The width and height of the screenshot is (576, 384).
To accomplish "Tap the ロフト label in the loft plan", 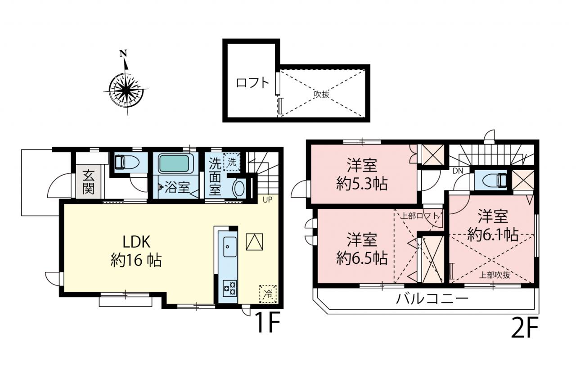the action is click(x=252, y=83).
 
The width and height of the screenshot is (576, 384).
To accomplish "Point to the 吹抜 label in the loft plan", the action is click(x=321, y=95).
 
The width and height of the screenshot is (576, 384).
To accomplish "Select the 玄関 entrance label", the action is click(x=89, y=182).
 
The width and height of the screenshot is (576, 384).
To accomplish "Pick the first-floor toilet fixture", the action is click(x=126, y=162).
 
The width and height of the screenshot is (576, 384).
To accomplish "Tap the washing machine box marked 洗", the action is click(x=232, y=162).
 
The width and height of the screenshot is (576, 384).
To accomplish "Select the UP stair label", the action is click(x=267, y=200).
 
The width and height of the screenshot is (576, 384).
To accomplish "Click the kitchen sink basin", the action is click(x=229, y=247).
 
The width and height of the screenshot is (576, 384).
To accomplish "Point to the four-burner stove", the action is click(x=229, y=288).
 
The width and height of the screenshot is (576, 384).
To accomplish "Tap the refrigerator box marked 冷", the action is click(x=268, y=294).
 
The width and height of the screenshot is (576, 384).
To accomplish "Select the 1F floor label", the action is click(x=268, y=323).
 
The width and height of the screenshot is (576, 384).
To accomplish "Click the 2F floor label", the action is click(x=525, y=328).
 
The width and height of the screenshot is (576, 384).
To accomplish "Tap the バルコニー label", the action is click(x=432, y=299).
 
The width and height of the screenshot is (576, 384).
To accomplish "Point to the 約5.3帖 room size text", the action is click(x=362, y=184).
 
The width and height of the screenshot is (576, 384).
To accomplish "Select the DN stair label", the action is click(x=458, y=171).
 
